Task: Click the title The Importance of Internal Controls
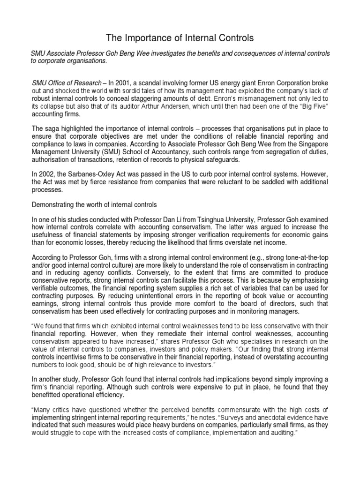click(180, 38)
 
